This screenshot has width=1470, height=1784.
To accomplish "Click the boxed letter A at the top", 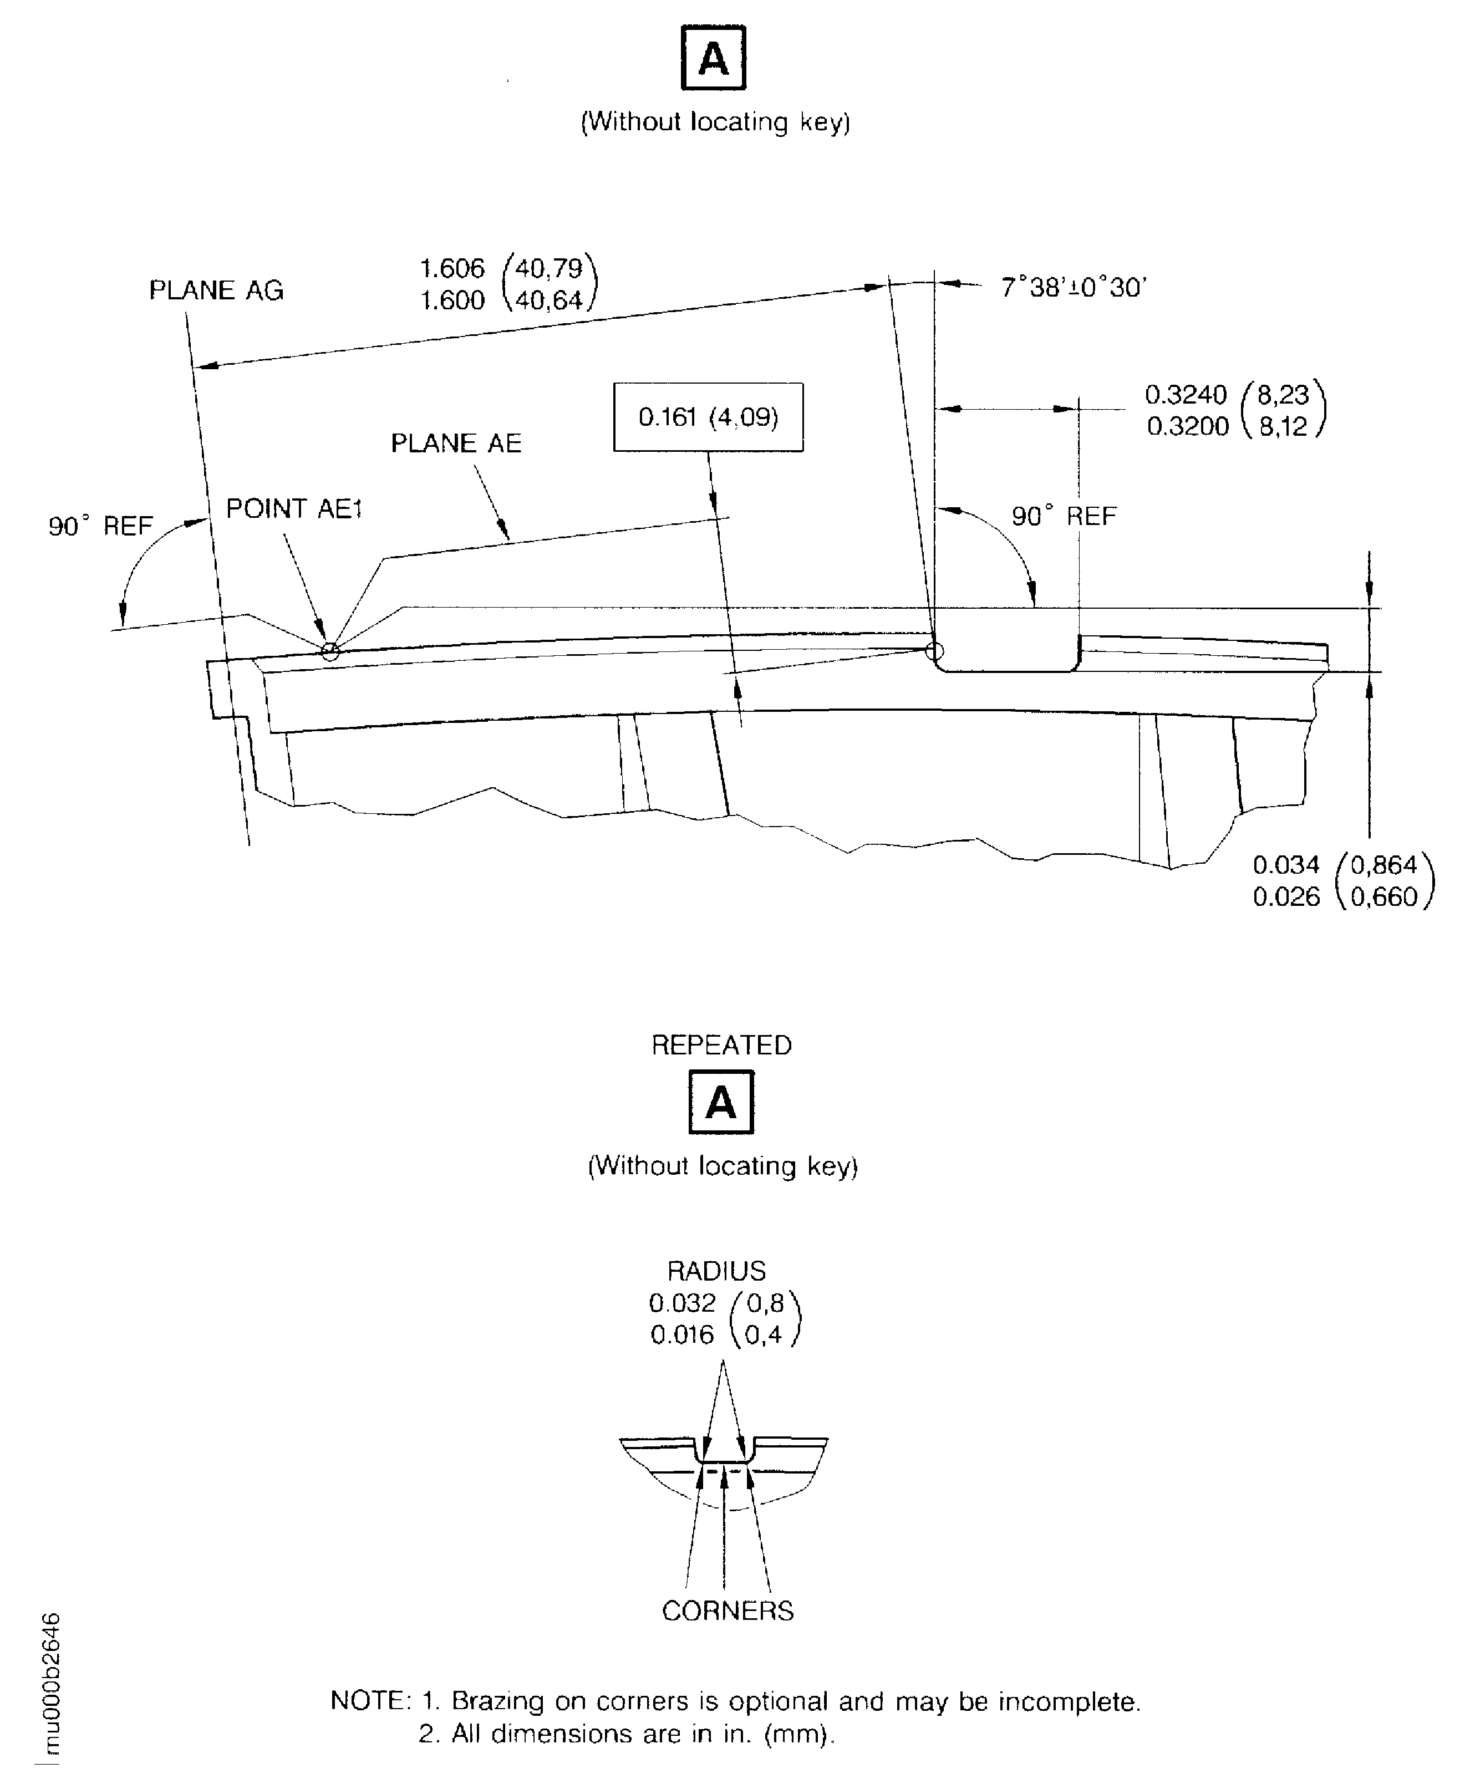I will tap(713, 58).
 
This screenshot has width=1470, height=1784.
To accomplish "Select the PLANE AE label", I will tap(456, 444).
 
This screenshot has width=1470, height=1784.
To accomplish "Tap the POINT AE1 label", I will tap(294, 509).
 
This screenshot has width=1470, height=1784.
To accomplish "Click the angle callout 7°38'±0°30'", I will tap(1073, 288).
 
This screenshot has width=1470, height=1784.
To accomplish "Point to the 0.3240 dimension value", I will tap(1186, 395).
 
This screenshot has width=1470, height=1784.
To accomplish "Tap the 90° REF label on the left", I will tap(100, 527).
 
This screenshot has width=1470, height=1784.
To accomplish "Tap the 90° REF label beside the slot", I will tap(1064, 517).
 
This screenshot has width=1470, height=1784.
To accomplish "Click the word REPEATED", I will tap(721, 1046).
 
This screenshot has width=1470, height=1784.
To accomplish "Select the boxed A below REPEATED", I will tap(721, 1103).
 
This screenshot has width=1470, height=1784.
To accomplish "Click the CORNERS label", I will tap(728, 1610).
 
